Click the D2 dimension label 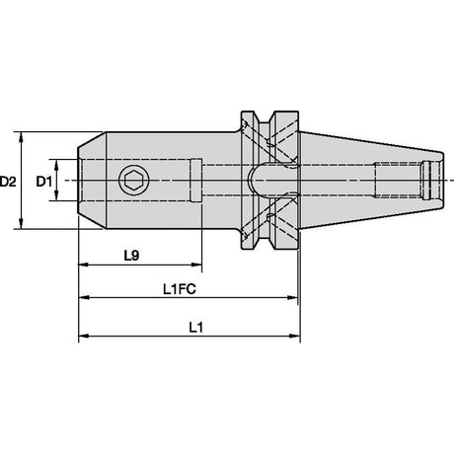point(8,182)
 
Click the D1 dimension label point(44,182)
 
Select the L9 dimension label point(131,256)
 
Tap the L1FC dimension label point(180,289)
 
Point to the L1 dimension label point(196,328)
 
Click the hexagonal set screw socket point(134,181)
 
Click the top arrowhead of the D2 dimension point(22,136)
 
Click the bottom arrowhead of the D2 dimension point(22,224)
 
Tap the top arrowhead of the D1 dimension point(56,165)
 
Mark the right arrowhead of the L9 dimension point(196,265)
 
